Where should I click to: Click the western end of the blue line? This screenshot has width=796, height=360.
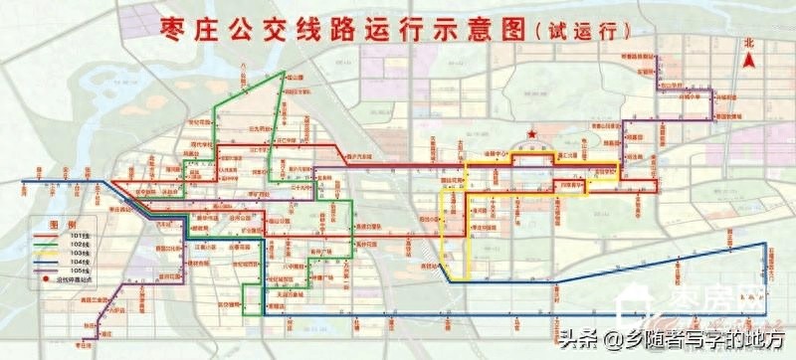24,182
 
